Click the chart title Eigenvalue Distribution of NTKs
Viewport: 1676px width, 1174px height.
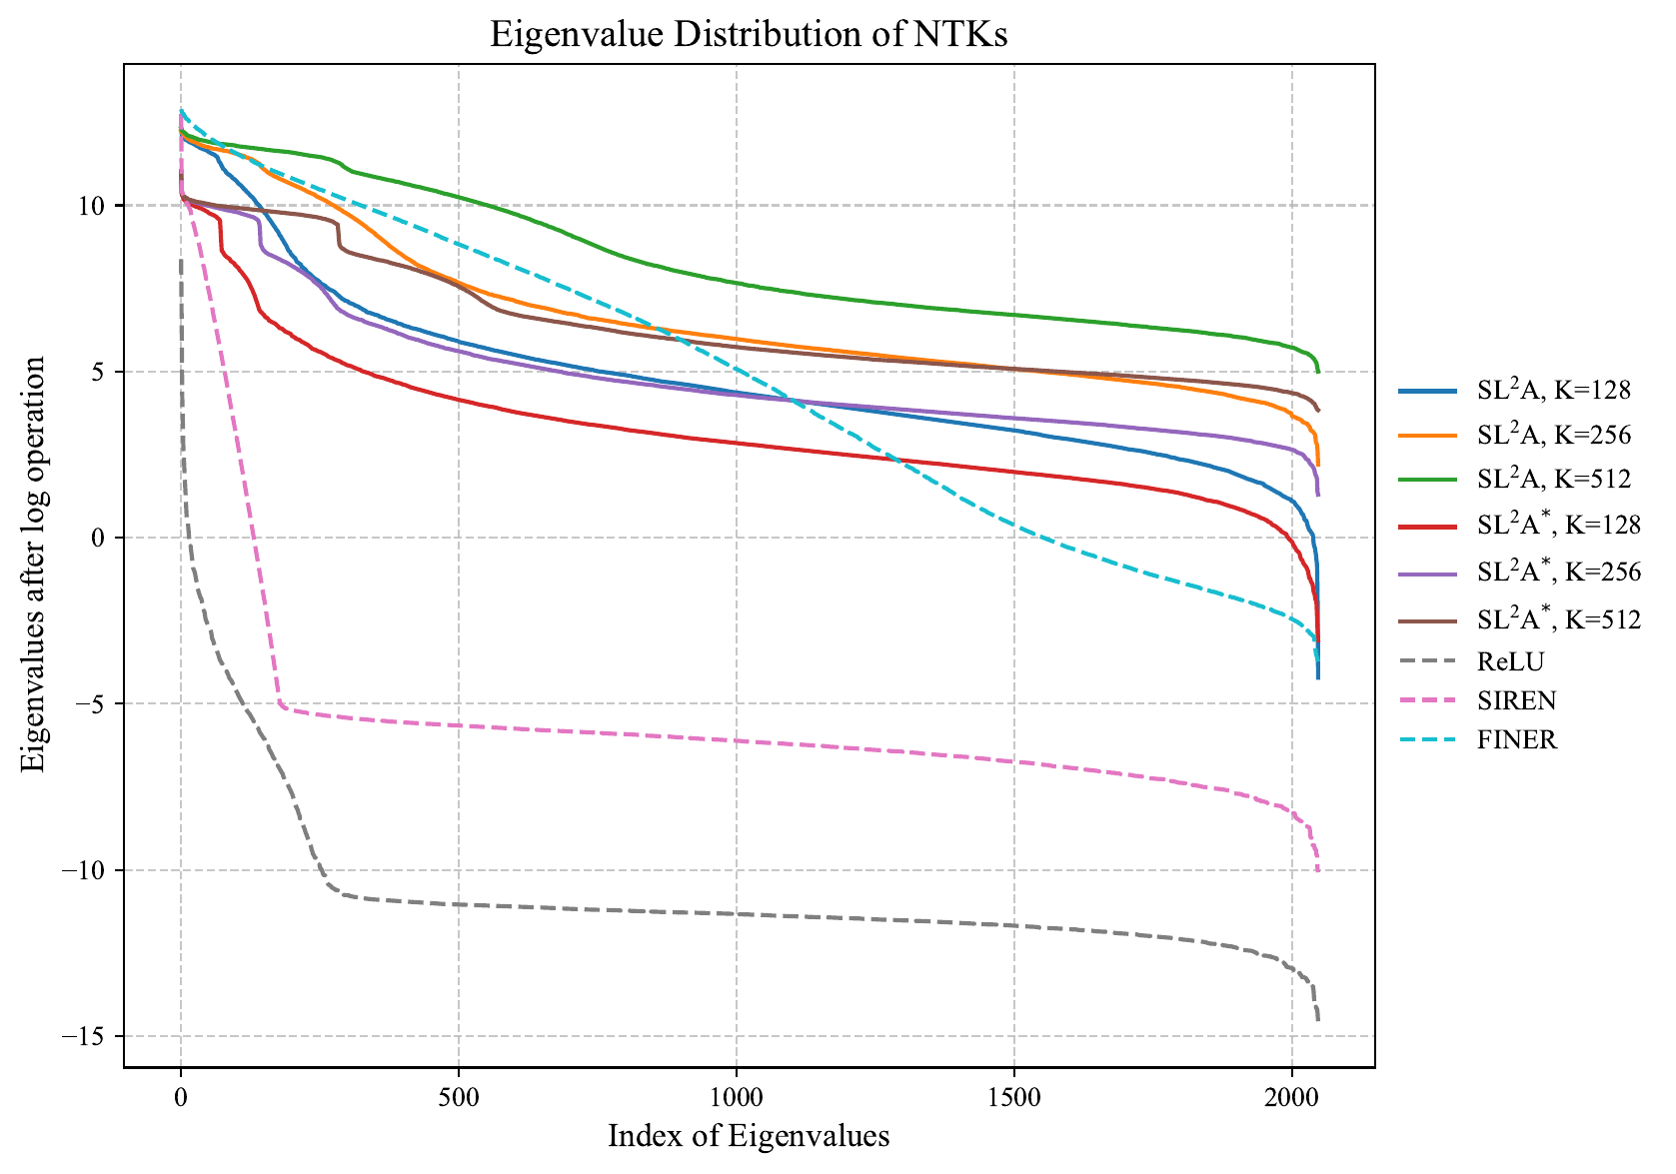coord(749,35)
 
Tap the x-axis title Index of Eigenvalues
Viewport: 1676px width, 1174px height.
coord(749,1136)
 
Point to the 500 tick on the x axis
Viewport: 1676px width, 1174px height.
coord(458,1095)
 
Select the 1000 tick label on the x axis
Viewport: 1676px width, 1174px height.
coord(736,1095)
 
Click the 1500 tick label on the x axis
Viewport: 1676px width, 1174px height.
coord(1013,1095)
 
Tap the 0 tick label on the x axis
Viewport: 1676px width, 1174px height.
coord(180,1095)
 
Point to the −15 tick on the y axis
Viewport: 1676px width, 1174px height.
coord(88,1036)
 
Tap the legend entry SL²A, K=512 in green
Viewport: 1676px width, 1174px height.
coord(1553,479)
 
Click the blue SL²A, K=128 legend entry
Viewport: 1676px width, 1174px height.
coord(1553,391)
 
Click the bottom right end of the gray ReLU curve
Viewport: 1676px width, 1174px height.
coord(1318,1020)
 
